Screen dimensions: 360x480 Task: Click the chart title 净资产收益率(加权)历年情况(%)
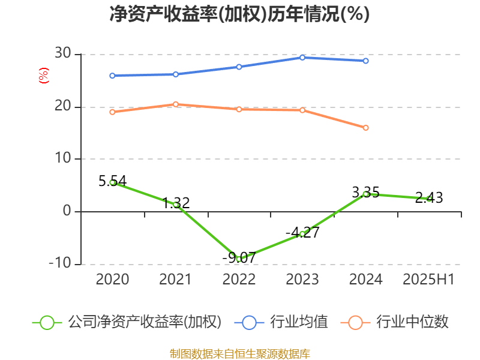pyautogui.click(x=239, y=14)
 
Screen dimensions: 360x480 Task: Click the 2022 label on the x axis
pyautogui.click(x=239, y=280)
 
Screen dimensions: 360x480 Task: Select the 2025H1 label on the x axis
pyautogui.click(x=428, y=280)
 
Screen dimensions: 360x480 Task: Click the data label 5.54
pyautogui.click(x=113, y=180)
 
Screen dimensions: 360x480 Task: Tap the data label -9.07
pyautogui.click(x=239, y=257)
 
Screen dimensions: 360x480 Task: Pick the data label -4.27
pyautogui.click(x=302, y=232)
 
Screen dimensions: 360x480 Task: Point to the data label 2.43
pyautogui.click(x=429, y=197)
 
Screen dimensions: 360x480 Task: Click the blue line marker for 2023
pyautogui.click(x=302, y=58)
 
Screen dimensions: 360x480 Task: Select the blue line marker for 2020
pyautogui.click(x=112, y=76)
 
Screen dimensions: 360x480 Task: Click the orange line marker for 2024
pyautogui.click(x=366, y=128)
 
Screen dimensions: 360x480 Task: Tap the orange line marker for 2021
pyautogui.click(x=176, y=104)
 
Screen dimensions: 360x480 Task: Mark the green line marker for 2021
pyautogui.click(x=176, y=205)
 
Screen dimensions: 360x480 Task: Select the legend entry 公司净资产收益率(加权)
pyautogui.click(x=144, y=322)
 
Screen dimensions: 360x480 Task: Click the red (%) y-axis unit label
pyautogui.click(x=43, y=76)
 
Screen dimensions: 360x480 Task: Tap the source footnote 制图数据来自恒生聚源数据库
pyautogui.click(x=239, y=353)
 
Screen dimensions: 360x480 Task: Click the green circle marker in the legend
pyautogui.click(x=47, y=323)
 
